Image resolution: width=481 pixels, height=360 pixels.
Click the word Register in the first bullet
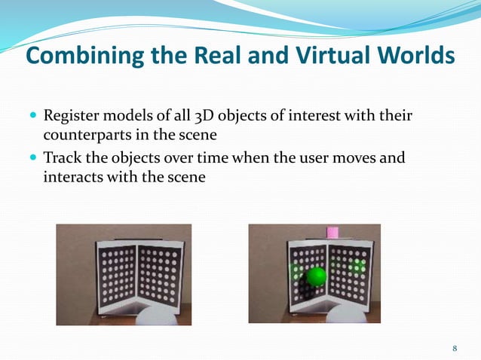[72, 117]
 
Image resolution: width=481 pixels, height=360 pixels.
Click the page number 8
[455, 348]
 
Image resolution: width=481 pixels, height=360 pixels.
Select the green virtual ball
[317, 276]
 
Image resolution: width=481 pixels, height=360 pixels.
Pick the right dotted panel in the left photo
[160, 272]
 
